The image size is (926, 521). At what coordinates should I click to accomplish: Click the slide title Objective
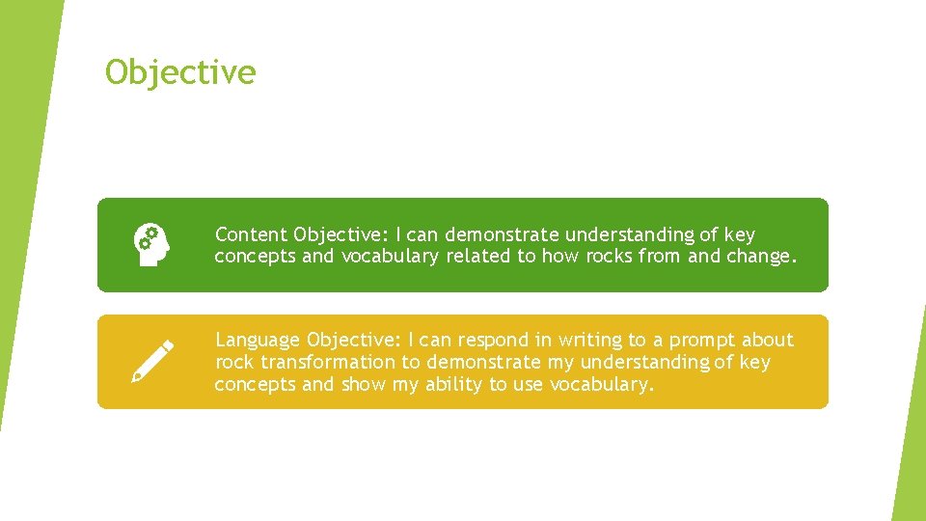pos(180,72)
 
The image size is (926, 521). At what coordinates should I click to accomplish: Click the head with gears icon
pos(151,244)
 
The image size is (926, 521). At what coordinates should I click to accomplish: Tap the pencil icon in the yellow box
pos(152,361)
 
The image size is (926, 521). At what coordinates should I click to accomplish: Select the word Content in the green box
pos(251,234)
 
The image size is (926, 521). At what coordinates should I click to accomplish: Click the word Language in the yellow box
pos(258,340)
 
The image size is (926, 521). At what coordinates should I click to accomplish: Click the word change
pos(761,257)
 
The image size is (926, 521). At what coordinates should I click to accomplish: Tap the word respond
pos(489,340)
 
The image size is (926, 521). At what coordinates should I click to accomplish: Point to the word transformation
pos(328,362)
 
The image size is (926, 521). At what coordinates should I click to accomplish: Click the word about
pos(768,340)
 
